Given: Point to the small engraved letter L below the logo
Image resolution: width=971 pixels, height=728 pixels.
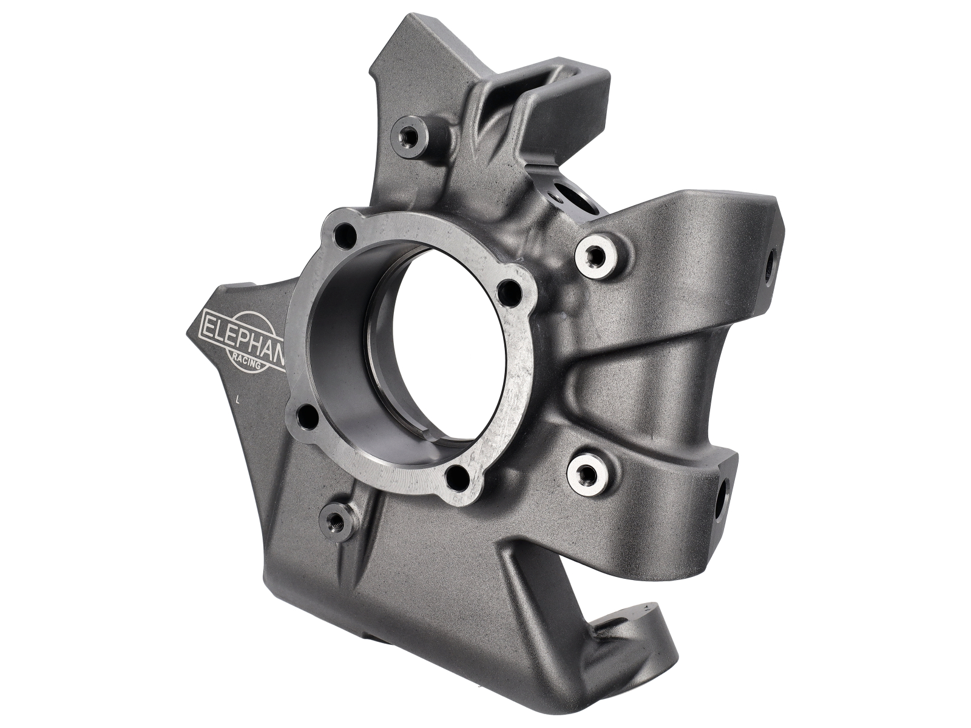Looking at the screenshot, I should (x=239, y=399).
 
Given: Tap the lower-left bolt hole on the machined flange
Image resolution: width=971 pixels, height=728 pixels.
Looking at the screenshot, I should (x=309, y=417).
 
